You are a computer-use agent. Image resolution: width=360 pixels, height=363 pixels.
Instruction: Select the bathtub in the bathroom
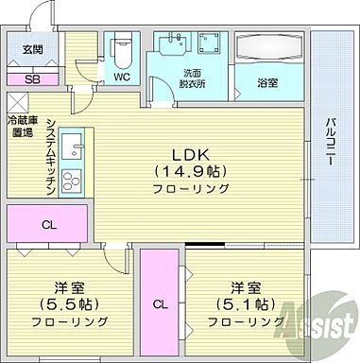coord(268,48)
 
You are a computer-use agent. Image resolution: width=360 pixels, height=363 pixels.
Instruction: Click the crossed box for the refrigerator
coord(17,101)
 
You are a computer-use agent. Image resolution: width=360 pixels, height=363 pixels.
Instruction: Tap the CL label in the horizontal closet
coord(46,225)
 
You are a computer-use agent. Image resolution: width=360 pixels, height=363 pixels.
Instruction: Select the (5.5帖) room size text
coord(60,304)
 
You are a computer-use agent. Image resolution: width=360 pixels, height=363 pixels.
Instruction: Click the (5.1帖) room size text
coord(243,304)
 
